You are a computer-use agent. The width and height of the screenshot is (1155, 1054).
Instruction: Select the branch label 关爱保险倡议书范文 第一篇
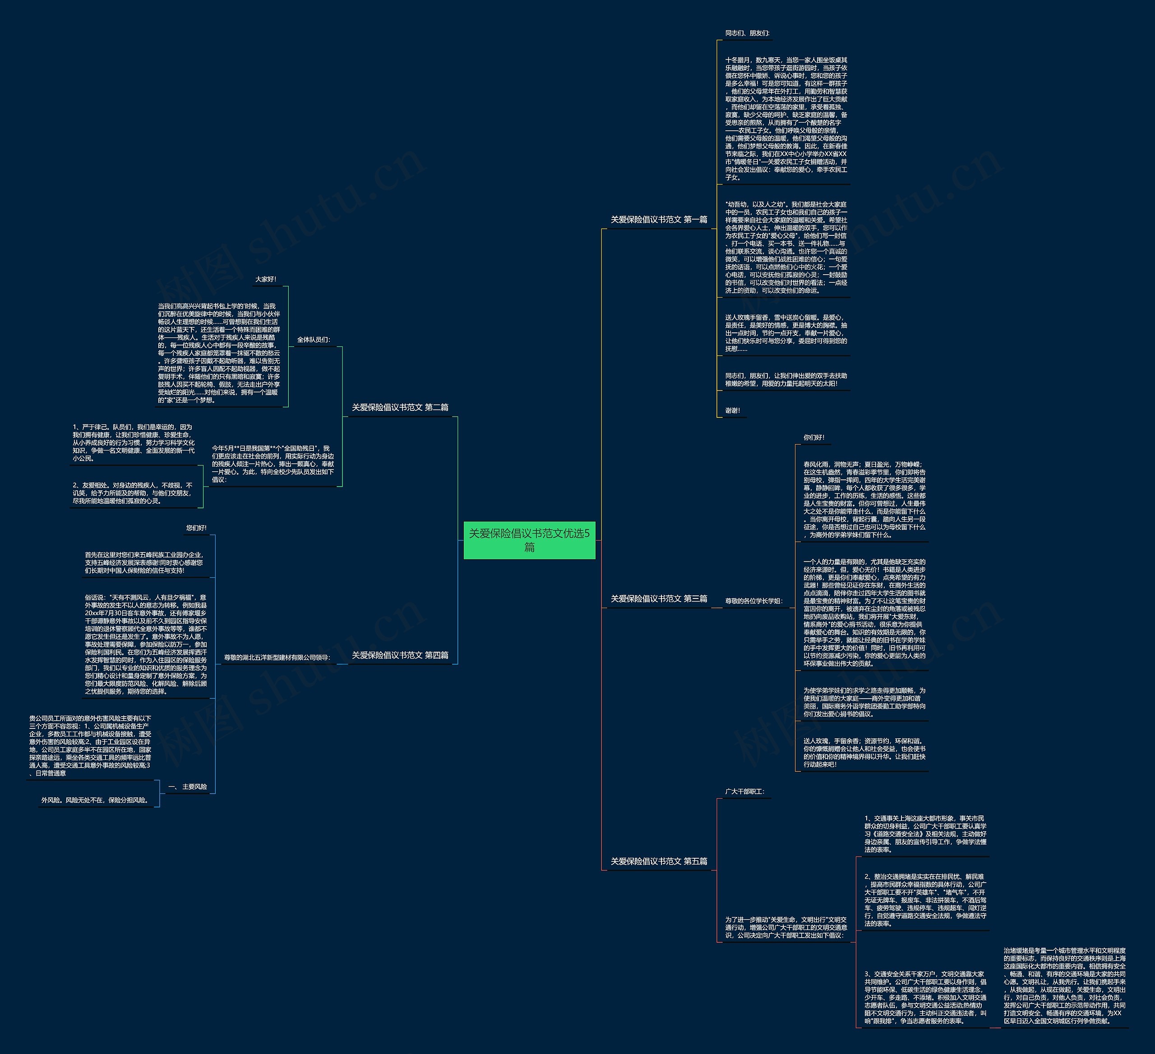coord(658,219)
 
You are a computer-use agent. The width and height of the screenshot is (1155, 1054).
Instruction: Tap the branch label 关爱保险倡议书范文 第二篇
coord(400,407)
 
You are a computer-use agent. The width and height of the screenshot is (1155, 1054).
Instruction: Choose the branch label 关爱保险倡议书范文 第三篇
coord(658,598)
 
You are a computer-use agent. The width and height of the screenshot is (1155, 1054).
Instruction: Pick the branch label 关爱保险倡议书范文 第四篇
coord(400,655)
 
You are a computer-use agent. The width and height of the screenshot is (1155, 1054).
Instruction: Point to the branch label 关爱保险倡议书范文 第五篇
coord(658,861)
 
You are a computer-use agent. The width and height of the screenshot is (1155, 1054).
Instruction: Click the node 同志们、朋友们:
coord(747,33)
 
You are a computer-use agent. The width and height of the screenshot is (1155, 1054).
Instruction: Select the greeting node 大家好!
coord(266,279)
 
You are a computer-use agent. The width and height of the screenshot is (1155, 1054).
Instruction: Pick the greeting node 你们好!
coord(813,437)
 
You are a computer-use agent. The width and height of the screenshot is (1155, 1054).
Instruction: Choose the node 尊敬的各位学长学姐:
coord(753,601)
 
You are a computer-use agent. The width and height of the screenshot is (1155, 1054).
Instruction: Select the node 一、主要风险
coord(188,787)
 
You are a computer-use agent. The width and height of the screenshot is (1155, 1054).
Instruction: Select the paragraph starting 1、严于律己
coord(134,442)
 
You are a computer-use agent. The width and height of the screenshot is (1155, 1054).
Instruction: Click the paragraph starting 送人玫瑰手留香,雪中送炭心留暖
coord(785,333)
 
